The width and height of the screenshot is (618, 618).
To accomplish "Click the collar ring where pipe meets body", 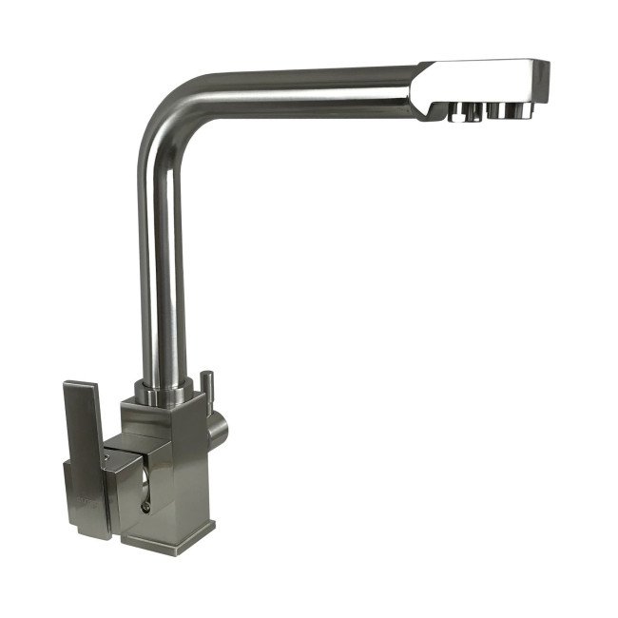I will pos(166,391).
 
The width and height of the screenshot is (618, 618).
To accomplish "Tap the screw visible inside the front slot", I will pos(145,507).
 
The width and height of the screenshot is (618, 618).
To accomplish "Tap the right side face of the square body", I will pos(202,475).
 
